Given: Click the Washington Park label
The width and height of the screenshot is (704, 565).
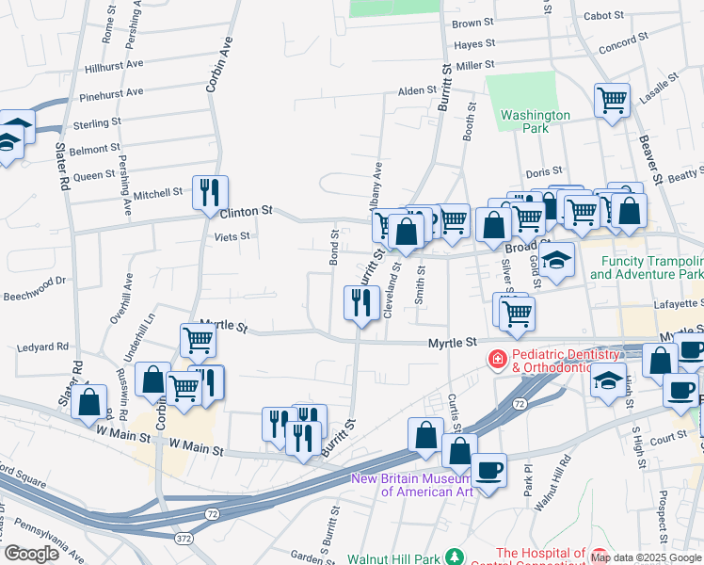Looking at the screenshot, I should point(535,121).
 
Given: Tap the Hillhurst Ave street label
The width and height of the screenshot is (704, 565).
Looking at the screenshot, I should point(113,67).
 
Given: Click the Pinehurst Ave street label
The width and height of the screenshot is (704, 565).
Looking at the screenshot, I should point(111,93).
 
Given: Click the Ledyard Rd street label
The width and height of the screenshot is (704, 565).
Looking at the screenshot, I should point(38,347).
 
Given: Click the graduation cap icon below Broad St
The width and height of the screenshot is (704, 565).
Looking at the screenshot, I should point(557,259).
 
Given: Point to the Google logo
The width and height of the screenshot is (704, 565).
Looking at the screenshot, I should point(32,554).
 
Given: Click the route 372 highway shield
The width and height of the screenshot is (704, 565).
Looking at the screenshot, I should point(184,537).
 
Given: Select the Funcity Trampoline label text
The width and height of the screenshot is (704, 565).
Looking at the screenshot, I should point(647,261).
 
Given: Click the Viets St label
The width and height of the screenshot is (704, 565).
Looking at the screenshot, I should point(232,237).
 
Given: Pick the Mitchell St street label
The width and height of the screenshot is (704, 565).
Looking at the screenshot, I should point(156,193).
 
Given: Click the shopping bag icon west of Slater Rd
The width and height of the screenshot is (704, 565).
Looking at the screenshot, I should point(88,400).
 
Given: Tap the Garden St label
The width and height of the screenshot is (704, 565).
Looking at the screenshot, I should point(309,555).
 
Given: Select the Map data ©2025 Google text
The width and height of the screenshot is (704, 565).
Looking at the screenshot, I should point(647,557).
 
